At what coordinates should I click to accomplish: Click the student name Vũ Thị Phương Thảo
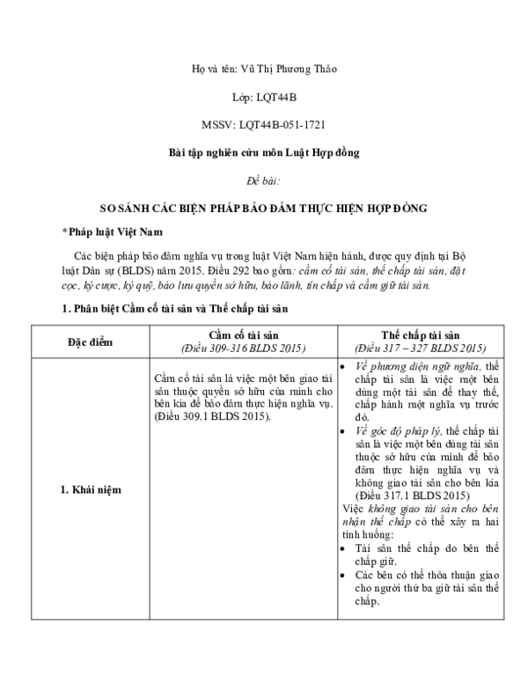tap(289, 69)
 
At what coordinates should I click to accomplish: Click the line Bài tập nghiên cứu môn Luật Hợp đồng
tap(264, 153)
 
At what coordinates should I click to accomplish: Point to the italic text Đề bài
tap(264, 181)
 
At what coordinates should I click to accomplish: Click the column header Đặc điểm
tap(90, 341)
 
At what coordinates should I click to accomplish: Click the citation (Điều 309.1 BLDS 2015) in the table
tap(211, 415)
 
